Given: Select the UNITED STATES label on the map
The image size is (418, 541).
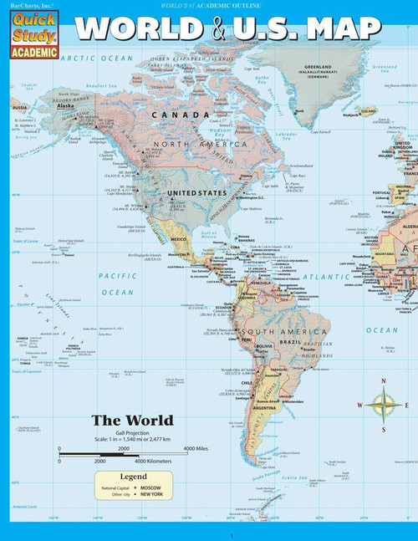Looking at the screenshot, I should [197, 192].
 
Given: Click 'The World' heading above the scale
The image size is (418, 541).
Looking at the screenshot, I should [132, 421].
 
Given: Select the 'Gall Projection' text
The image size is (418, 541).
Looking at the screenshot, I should [131, 432].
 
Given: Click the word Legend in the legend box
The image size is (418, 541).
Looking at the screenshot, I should [131, 474].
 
